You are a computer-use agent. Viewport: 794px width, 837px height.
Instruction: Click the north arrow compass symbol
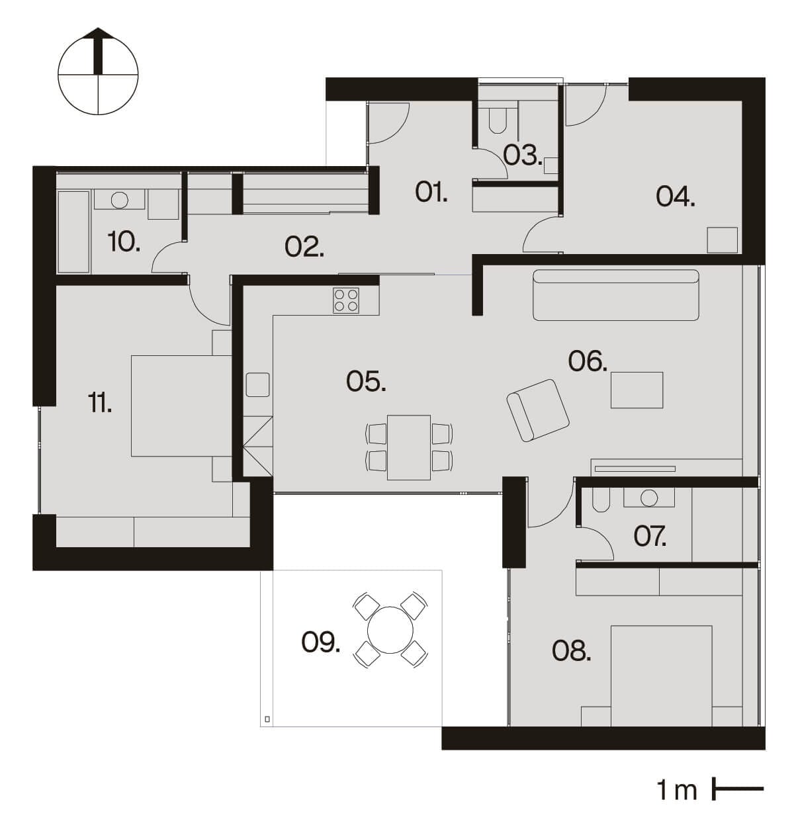point(98,71)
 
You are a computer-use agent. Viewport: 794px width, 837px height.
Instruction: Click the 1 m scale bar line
point(738,789)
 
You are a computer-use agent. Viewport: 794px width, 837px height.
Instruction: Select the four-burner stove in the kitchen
point(345,300)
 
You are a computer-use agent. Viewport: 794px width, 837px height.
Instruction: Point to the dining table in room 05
point(408,447)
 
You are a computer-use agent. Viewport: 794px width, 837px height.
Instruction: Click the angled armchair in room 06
point(538,410)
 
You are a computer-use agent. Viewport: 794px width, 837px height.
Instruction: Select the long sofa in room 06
point(615,294)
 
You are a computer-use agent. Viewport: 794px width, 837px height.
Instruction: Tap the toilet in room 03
point(497,120)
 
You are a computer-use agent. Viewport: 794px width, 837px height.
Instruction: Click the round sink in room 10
point(120,199)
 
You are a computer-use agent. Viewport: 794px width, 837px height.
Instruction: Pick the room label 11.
point(100,402)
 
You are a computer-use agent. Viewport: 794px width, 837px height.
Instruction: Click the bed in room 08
point(662,675)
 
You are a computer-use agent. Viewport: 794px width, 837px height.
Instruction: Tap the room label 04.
point(675,197)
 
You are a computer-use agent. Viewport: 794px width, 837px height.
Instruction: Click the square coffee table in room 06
point(637,390)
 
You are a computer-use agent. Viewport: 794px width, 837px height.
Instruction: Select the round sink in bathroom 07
point(649,498)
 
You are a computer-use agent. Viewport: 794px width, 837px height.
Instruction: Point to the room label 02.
point(304,247)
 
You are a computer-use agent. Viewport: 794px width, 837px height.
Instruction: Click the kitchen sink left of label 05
point(257,384)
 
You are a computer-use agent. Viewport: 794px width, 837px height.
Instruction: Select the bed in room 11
point(181,406)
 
